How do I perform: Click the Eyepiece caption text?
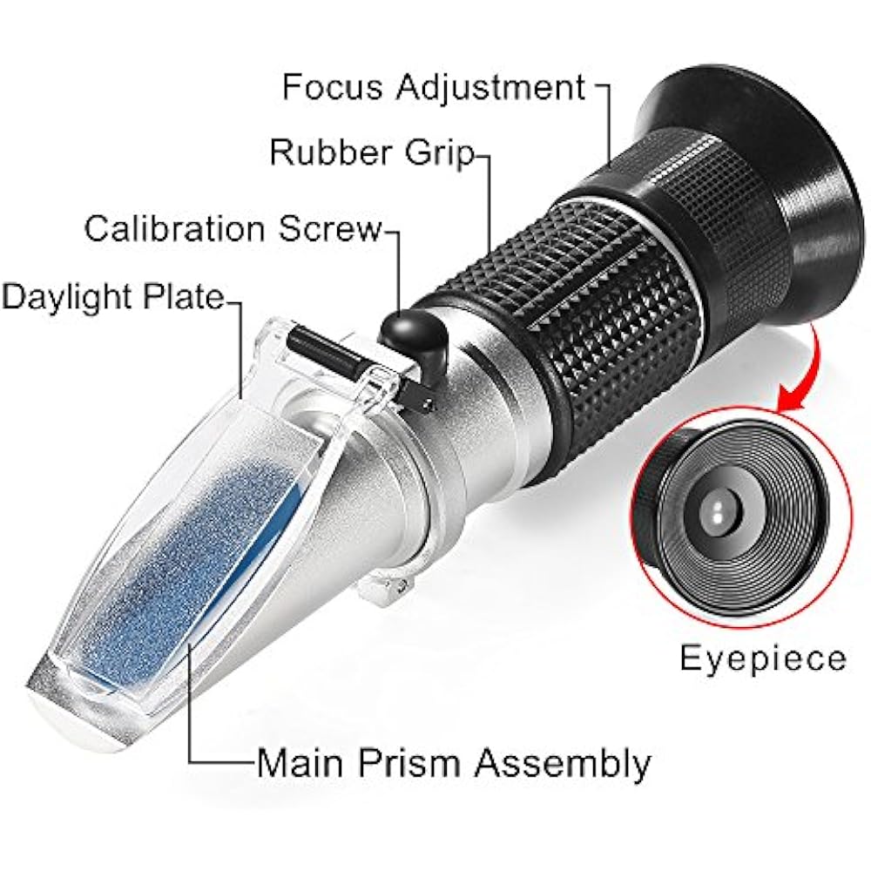coord(762,658)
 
